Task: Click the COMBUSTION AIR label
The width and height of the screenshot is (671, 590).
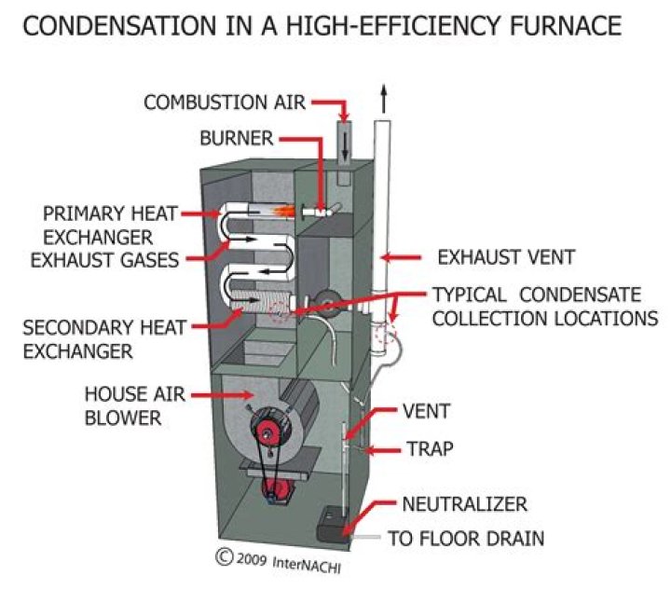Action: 224,102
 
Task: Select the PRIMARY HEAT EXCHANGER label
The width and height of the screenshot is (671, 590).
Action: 89,224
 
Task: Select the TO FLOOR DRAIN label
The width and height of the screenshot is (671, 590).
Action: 466,539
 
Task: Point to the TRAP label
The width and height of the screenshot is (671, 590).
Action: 428,449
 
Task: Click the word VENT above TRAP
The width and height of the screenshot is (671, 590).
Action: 427,411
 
